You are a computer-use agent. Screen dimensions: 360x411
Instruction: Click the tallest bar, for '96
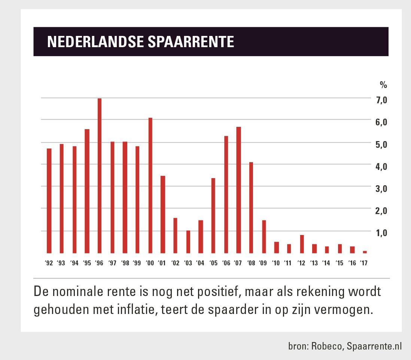coord(100,176)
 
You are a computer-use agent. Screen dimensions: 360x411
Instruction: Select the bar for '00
coord(150,185)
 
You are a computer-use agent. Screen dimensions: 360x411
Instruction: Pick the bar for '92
coord(49,201)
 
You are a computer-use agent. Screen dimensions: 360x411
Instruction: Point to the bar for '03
coord(188,242)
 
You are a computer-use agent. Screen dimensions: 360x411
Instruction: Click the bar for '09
coord(264,237)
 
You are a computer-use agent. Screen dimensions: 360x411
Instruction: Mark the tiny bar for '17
coord(365,252)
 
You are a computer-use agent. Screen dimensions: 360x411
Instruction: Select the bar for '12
coord(302,244)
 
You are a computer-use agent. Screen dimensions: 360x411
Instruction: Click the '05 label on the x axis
coord(213,263)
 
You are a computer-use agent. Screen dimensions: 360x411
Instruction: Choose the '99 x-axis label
coord(137,263)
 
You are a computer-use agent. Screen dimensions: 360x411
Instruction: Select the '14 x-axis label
coord(326,263)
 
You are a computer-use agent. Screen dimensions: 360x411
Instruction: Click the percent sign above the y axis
coord(383,85)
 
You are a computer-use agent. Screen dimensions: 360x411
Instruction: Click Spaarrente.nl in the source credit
coord(374,346)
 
